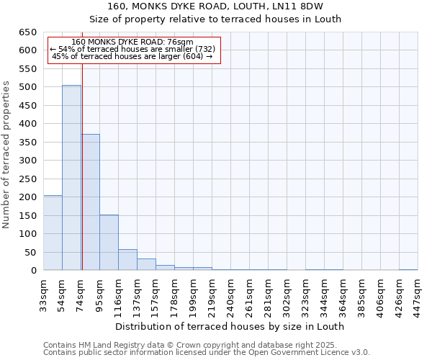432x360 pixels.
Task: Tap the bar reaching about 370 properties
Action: click(90, 202)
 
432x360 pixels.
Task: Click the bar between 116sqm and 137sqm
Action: click(127, 260)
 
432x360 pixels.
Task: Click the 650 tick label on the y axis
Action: click(27, 32)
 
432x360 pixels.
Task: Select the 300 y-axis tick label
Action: click(27, 161)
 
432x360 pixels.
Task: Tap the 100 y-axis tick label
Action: click(27, 234)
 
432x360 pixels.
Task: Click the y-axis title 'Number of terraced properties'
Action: click(6, 154)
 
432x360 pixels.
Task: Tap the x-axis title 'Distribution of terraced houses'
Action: click(230, 326)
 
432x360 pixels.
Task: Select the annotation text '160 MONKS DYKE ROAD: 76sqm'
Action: click(132, 42)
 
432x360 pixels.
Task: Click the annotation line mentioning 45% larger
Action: click(132, 56)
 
